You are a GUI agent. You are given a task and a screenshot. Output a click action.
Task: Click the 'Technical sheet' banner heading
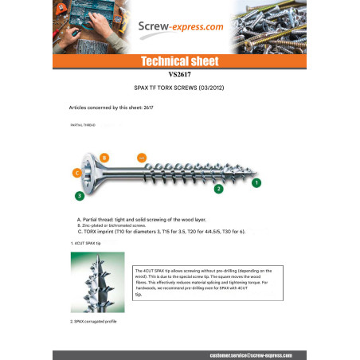pyautogui.click(x=179, y=61)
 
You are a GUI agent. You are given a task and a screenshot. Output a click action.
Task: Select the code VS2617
pyautogui.click(x=179, y=75)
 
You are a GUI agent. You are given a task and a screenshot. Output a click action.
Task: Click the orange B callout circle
pyautogui.click(x=104, y=158)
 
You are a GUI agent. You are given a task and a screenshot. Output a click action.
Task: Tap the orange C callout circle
pyautogui.click(x=76, y=172)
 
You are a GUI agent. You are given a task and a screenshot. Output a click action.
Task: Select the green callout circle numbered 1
pyautogui.click(x=256, y=182)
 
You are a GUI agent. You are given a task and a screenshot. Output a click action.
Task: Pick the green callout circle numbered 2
pyautogui.click(x=218, y=189)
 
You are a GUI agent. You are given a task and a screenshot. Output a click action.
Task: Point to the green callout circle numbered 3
pyautogui.click(x=79, y=195)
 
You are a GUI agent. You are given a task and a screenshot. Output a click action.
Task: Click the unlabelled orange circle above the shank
pyautogui.click(x=143, y=157)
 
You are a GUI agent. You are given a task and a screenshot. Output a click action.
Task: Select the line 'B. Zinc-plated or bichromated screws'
pyautogui.click(x=120, y=225)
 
